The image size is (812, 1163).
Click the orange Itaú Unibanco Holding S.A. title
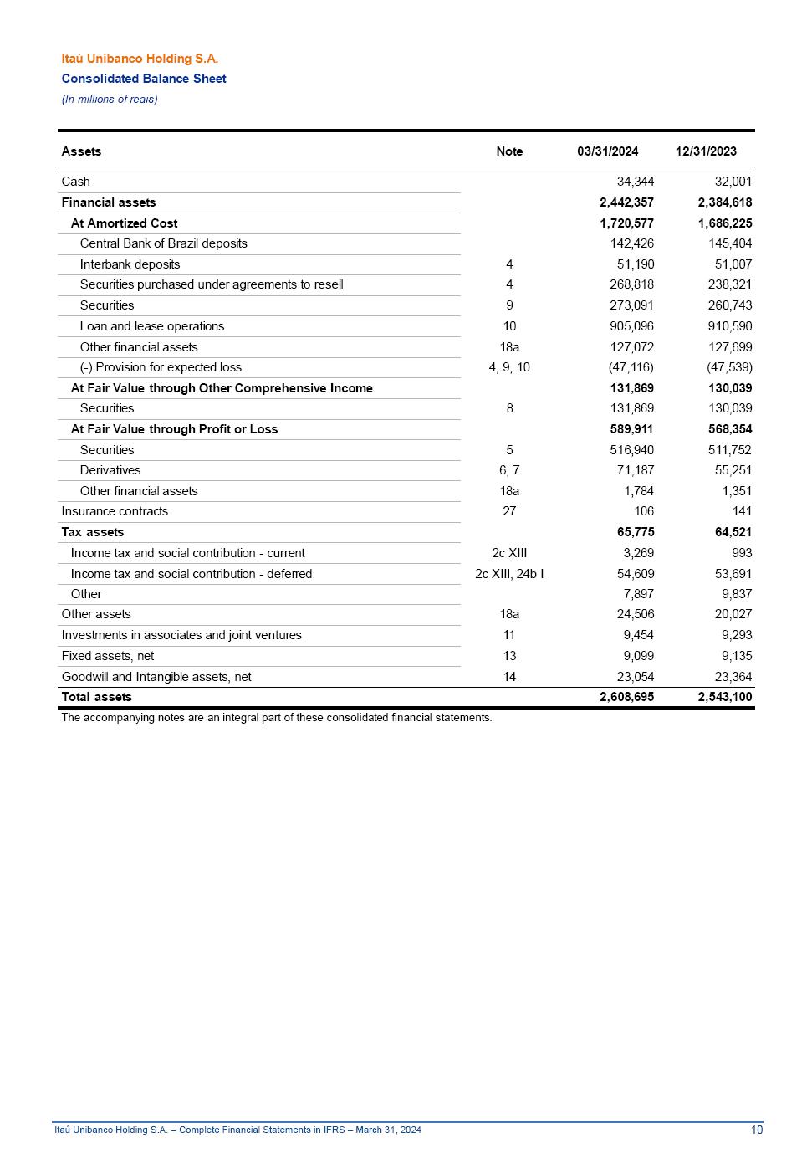point(140,59)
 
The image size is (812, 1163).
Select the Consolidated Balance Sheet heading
point(144,79)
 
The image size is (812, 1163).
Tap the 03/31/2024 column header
point(607,151)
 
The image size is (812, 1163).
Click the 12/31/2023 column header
point(706,151)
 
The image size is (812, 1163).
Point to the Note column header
point(509,151)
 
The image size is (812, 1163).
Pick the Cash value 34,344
point(635,182)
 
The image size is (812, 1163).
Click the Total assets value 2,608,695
point(626,697)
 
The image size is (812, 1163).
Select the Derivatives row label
point(110,470)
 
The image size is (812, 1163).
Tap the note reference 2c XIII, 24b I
point(509,574)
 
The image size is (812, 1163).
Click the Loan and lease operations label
point(152,326)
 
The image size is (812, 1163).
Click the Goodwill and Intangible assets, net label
point(156,677)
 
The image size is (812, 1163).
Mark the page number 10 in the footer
point(757,1130)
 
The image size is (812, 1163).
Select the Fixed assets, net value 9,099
point(638,656)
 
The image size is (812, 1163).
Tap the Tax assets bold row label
point(93,532)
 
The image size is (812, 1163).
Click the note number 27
point(509,511)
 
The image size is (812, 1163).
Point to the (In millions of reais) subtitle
point(110,100)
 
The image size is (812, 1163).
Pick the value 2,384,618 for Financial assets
point(724,202)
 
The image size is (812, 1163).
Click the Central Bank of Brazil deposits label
point(164,243)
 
